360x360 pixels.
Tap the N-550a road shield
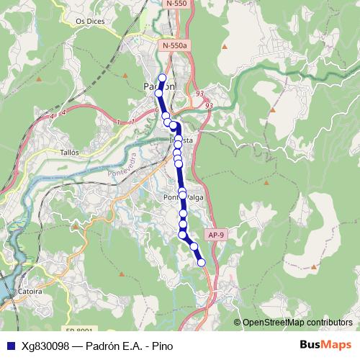tap(174, 45)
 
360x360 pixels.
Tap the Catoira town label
tap(27, 292)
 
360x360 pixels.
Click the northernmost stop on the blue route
tap(162, 78)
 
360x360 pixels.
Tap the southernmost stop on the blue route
tap(202, 262)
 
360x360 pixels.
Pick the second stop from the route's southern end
tap(194, 247)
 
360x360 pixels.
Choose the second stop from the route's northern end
tap(160, 93)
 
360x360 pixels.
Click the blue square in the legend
tap(9, 346)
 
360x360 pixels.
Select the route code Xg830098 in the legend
tap(45, 346)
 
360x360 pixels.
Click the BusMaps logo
tap(326, 345)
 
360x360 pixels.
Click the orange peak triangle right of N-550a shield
tap(225, 47)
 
